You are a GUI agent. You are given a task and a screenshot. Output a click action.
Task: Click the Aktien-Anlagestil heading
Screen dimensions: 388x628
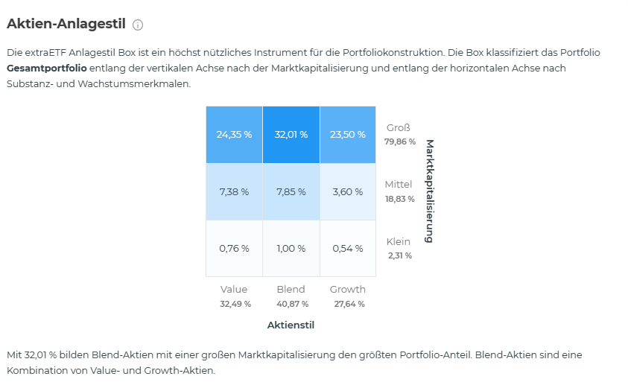coord(66,24)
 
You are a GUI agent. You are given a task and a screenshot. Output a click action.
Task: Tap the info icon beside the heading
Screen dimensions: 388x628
coord(138,25)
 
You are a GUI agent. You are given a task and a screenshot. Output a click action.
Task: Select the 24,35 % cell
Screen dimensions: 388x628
coord(234,135)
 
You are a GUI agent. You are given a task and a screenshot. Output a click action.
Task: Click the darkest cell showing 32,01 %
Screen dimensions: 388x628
coord(291,135)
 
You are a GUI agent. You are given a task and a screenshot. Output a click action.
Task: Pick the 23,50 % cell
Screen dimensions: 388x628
coord(348,135)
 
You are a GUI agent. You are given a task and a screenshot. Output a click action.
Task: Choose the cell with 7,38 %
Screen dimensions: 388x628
coord(234,191)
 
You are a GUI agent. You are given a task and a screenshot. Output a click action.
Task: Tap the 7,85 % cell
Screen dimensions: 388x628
coord(291,191)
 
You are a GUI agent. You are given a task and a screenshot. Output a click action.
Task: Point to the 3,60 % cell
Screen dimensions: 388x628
coord(348,191)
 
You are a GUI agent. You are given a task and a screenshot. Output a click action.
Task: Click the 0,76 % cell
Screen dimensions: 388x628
coord(234,248)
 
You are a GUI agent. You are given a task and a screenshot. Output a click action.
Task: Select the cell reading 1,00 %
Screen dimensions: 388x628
coord(291,248)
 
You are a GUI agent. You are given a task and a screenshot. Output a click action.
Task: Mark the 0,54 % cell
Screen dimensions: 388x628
coord(348,248)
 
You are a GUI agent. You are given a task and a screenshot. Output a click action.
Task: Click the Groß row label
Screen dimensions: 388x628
coord(399,128)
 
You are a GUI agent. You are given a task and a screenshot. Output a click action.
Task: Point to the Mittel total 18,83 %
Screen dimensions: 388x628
coord(400,199)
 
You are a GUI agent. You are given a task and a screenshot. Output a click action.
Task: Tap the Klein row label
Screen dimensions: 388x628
coord(399,241)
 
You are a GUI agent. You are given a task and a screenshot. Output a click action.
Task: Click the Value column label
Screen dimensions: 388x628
coord(234,289)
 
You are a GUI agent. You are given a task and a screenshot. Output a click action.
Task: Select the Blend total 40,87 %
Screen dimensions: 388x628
coord(291,304)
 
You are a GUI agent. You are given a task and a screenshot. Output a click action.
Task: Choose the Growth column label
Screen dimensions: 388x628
coord(348,289)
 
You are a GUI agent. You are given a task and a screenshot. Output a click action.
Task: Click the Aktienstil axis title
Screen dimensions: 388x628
coord(291,325)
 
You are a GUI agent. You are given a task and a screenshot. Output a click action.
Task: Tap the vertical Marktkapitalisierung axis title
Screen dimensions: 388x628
coord(429,191)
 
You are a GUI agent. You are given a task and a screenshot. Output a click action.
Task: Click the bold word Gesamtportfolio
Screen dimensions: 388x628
coord(47,69)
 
